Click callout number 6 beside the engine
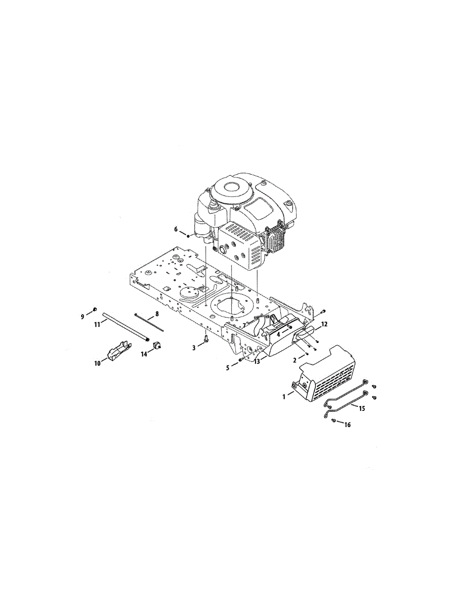point(176,230)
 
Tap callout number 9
point(83,317)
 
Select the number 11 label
point(97,325)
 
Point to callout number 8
point(157,314)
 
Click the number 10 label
point(97,364)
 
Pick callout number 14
point(144,354)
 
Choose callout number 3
point(194,348)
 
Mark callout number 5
point(228,368)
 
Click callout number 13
point(257,361)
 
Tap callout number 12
point(324,325)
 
